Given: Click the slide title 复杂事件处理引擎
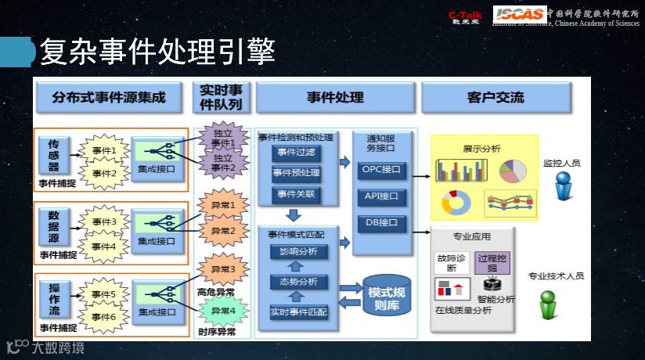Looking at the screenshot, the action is (x=157, y=52).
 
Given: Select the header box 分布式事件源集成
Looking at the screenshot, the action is (x=109, y=98).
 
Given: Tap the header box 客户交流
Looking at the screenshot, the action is (x=495, y=98).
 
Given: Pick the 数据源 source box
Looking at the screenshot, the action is (x=54, y=228).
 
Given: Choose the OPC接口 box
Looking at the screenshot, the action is (x=381, y=168).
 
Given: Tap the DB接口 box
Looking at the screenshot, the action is (x=381, y=223).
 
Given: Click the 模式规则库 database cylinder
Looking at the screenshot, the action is (x=386, y=295).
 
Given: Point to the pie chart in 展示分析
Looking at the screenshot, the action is (x=513, y=170).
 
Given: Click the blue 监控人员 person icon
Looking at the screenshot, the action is (x=563, y=186).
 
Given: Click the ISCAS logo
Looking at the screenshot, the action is (x=518, y=13).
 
